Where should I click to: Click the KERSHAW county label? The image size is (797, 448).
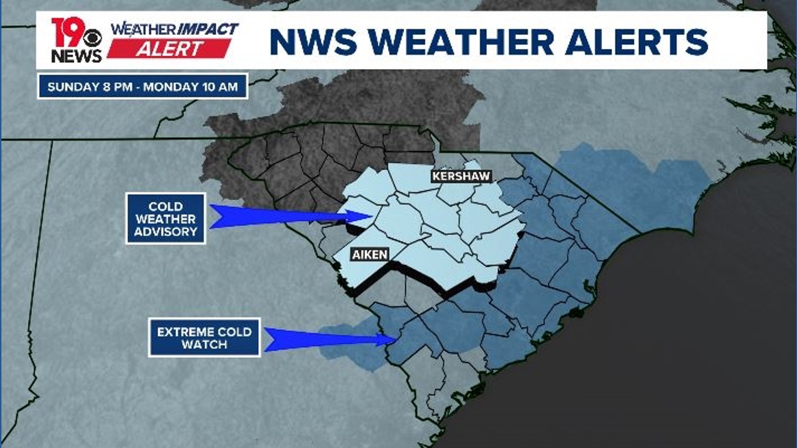[x=461, y=177]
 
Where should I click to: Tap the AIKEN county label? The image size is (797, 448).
[x=368, y=254]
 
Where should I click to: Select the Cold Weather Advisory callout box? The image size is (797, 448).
[x=166, y=219]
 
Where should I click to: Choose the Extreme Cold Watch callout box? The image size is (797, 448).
[x=204, y=338]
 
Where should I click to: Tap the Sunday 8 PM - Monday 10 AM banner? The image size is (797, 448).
[x=143, y=87]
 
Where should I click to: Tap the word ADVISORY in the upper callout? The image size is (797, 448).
[x=166, y=231]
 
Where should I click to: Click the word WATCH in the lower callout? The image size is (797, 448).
[x=204, y=345]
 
